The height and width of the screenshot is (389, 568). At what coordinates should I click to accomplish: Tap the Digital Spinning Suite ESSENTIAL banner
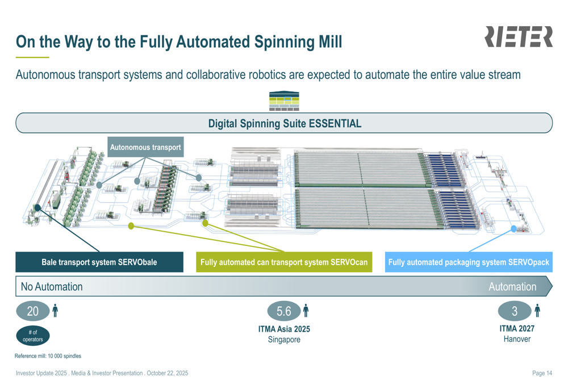coord(284,123)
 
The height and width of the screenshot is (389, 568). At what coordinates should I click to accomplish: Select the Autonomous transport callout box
coord(145,147)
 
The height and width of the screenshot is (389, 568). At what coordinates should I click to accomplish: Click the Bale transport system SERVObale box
coord(99,262)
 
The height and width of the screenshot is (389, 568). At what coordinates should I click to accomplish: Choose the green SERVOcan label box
coord(284,262)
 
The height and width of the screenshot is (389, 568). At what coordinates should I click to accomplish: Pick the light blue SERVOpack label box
coord(469,262)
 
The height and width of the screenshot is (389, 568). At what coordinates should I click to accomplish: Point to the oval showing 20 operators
coord(33,311)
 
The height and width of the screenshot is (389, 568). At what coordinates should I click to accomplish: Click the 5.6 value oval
coord(283,311)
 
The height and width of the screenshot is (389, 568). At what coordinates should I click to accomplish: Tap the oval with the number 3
coord(515,311)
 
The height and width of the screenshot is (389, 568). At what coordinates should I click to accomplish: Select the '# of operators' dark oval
coord(33,336)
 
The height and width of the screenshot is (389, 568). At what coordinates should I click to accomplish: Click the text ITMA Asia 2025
coord(284,329)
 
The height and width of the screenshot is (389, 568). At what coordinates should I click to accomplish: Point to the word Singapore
coord(284,340)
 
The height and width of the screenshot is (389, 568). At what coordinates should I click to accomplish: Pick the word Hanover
coord(517,339)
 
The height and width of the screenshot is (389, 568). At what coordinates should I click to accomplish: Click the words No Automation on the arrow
coord(52,287)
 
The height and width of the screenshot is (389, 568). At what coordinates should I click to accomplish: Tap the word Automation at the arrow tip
coord(512,287)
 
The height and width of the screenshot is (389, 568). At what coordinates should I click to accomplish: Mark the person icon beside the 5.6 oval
coord(306,311)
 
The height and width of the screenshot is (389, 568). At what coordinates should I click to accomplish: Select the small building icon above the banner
coord(284,101)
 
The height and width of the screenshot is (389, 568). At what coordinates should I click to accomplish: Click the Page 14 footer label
coord(542,373)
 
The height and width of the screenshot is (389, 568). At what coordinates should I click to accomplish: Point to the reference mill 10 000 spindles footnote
coord(48,356)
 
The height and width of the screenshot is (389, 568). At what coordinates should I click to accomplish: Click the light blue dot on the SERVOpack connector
coord(514,229)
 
